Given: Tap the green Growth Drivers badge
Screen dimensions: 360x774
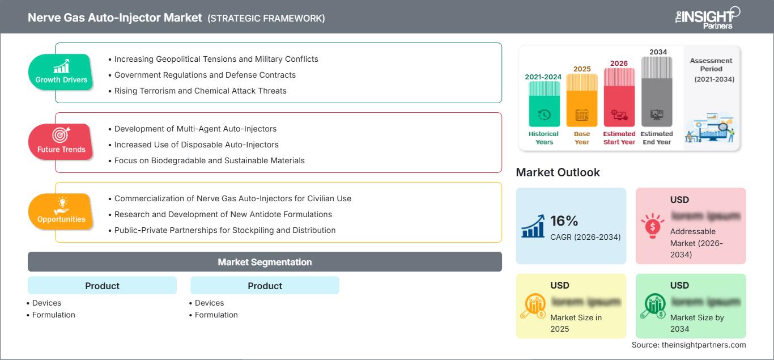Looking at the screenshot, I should click(x=61, y=72).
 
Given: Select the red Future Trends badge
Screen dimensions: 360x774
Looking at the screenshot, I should click(x=61, y=142).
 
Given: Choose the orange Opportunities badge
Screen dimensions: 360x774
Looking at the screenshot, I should click(x=61, y=211).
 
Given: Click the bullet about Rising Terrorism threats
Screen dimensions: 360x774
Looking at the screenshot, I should click(x=200, y=91).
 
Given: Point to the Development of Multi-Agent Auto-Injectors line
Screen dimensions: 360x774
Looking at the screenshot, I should click(x=195, y=129).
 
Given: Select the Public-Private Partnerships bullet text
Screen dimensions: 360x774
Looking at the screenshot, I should click(x=224, y=230).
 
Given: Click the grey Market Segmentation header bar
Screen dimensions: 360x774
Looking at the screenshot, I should click(x=265, y=262).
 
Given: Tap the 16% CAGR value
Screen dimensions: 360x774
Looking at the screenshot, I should click(x=564, y=221).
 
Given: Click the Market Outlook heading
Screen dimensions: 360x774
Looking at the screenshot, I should click(x=558, y=172).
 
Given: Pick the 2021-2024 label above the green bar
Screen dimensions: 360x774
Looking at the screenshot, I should click(x=544, y=77).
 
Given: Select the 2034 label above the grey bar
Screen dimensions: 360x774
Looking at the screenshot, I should click(x=658, y=52).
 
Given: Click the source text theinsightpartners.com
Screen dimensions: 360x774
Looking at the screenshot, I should click(x=688, y=345).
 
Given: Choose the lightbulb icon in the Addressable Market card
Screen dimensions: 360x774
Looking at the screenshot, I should click(x=652, y=226).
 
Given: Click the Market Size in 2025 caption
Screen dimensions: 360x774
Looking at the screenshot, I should click(x=575, y=323).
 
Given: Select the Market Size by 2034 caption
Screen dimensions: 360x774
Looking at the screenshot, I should click(x=697, y=323).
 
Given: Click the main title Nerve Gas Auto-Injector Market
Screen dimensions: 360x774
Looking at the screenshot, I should click(x=115, y=18).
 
